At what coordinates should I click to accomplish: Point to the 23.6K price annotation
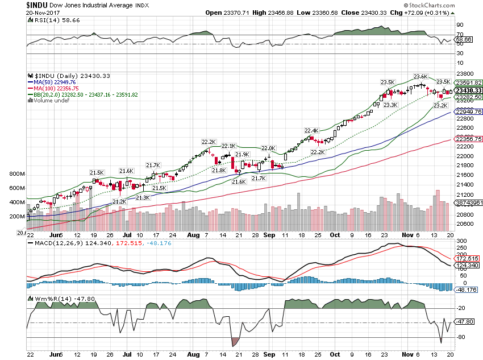tap(420, 76)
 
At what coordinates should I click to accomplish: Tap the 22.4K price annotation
tap(311, 130)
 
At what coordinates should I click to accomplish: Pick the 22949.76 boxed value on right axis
tap(470, 112)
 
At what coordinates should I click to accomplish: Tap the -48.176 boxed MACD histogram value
tap(469, 289)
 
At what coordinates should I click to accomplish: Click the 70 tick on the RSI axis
tap(459, 35)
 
